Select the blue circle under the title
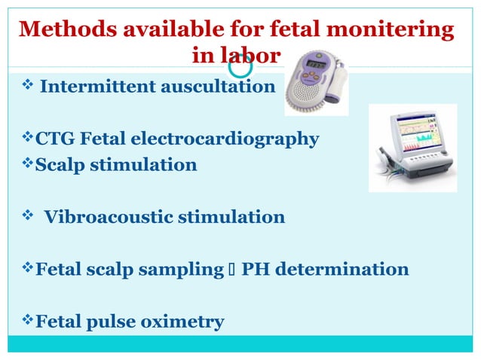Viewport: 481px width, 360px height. point(241,67)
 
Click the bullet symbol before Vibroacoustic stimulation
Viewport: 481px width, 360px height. point(26,217)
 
